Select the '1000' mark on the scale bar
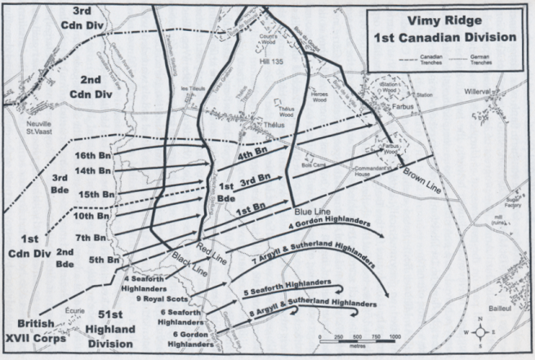pyautogui.click(x=395, y=336)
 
